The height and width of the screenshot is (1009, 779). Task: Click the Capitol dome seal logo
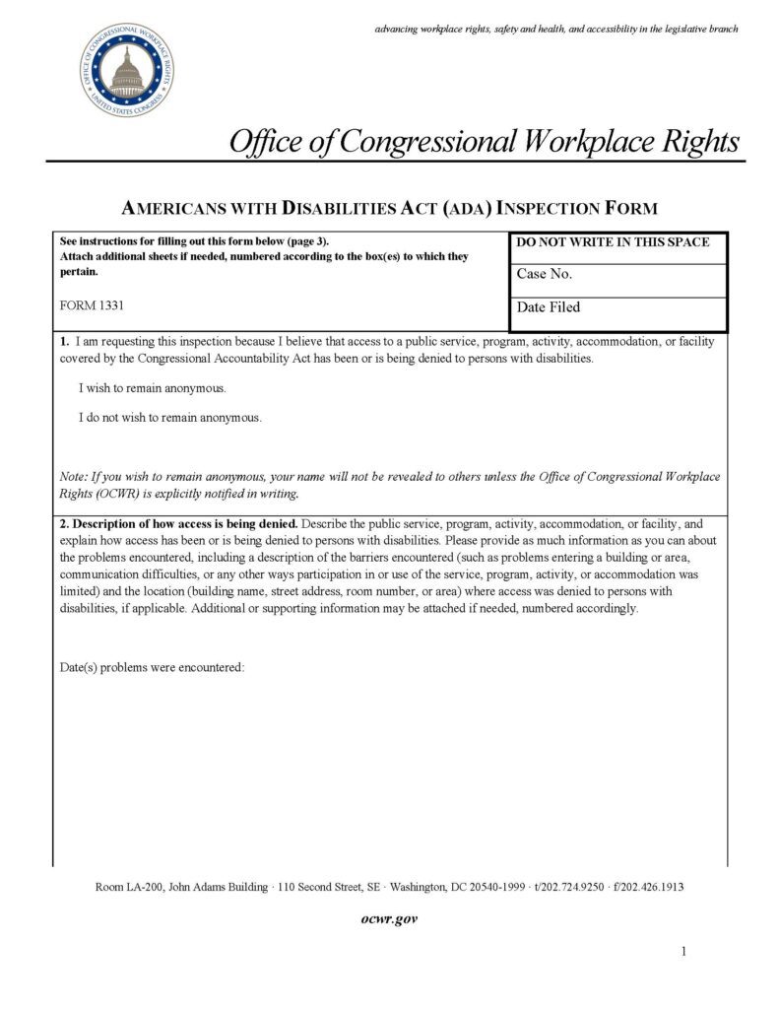pos(126,70)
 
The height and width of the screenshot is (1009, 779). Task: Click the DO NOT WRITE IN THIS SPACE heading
pos(613,242)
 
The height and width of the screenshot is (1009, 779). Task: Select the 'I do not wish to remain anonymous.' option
pos(170,418)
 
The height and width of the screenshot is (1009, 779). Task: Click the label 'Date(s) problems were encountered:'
pos(152,667)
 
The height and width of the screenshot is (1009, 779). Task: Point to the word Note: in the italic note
pos(75,477)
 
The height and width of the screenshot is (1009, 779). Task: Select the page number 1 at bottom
pos(683,952)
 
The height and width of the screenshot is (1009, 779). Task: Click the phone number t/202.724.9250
pos(568,887)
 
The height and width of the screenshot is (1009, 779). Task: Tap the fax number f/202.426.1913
pos(648,887)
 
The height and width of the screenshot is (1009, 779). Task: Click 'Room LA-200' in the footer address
pos(129,887)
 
